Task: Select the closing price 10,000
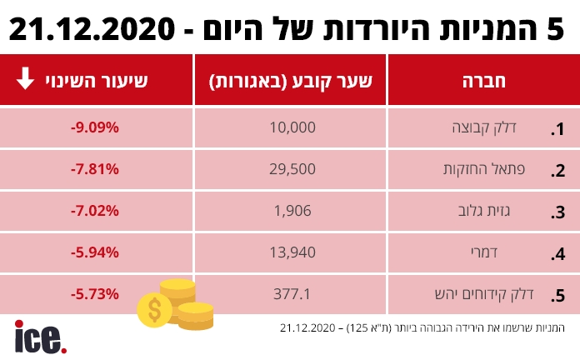click(292, 127)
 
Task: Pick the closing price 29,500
click(292, 169)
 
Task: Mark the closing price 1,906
click(292, 211)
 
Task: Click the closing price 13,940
click(292, 252)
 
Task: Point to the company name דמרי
click(510, 252)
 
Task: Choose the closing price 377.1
click(292, 294)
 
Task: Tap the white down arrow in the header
click(25, 80)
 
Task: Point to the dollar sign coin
click(154, 309)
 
